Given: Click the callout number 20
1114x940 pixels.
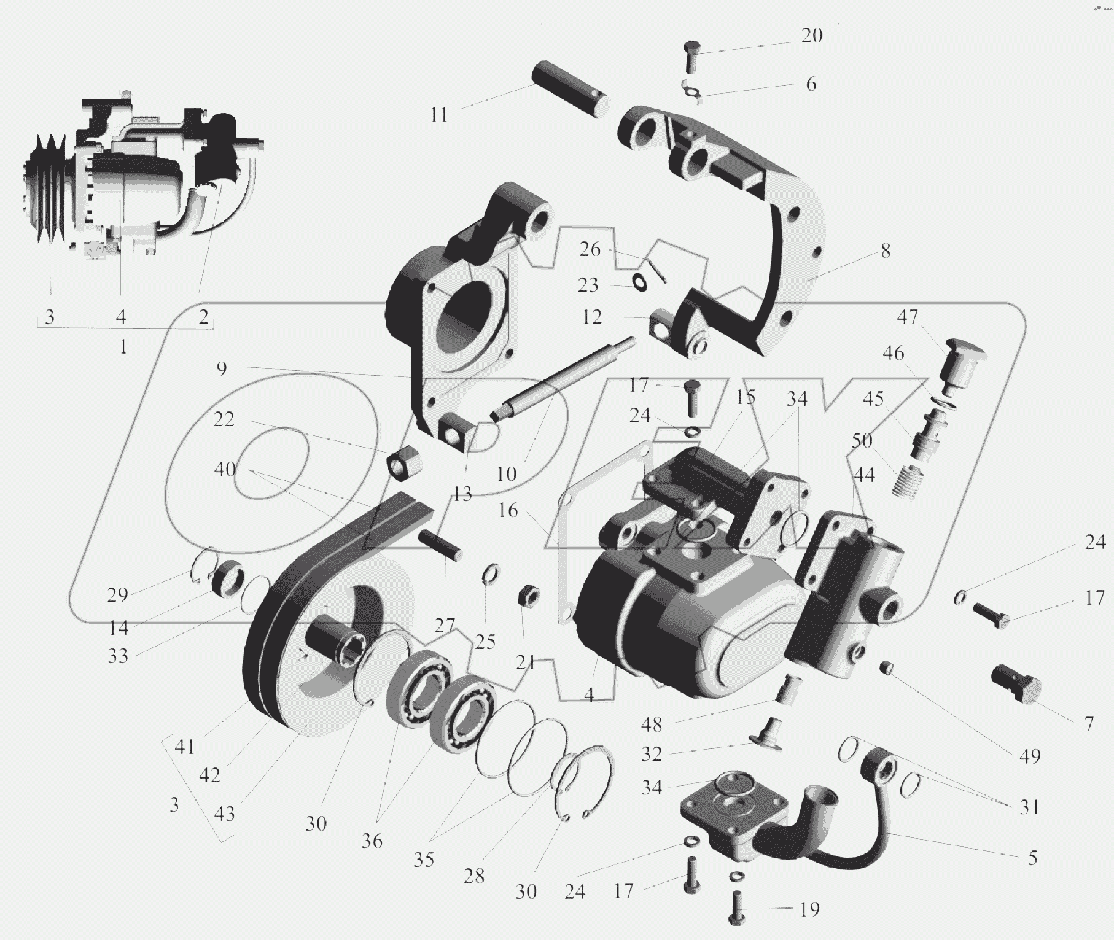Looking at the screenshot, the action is [812, 36].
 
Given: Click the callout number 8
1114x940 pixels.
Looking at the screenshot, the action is [885, 251].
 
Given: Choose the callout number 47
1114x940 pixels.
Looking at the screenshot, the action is [907, 317].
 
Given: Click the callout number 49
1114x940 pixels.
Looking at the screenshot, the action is [1030, 756].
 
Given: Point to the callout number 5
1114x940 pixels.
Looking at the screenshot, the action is [1032, 857].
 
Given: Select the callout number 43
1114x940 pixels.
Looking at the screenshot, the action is [224, 814].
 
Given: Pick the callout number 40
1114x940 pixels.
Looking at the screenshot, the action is [225, 469].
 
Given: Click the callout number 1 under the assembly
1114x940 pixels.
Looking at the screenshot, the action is [123, 347].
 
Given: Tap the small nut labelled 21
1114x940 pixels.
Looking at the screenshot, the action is [529, 594].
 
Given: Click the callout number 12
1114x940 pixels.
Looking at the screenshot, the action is [592, 317].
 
